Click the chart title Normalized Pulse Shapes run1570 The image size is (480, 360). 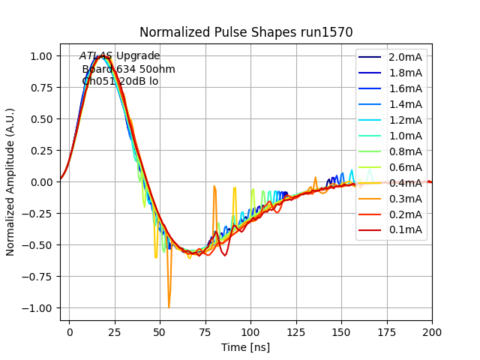click(x=246, y=32)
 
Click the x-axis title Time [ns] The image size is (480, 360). click(x=245, y=347)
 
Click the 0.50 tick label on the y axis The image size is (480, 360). click(x=40, y=119)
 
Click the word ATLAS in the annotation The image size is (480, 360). click(x=96, y=56)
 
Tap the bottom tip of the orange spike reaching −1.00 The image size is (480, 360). click(x=169, y=307)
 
